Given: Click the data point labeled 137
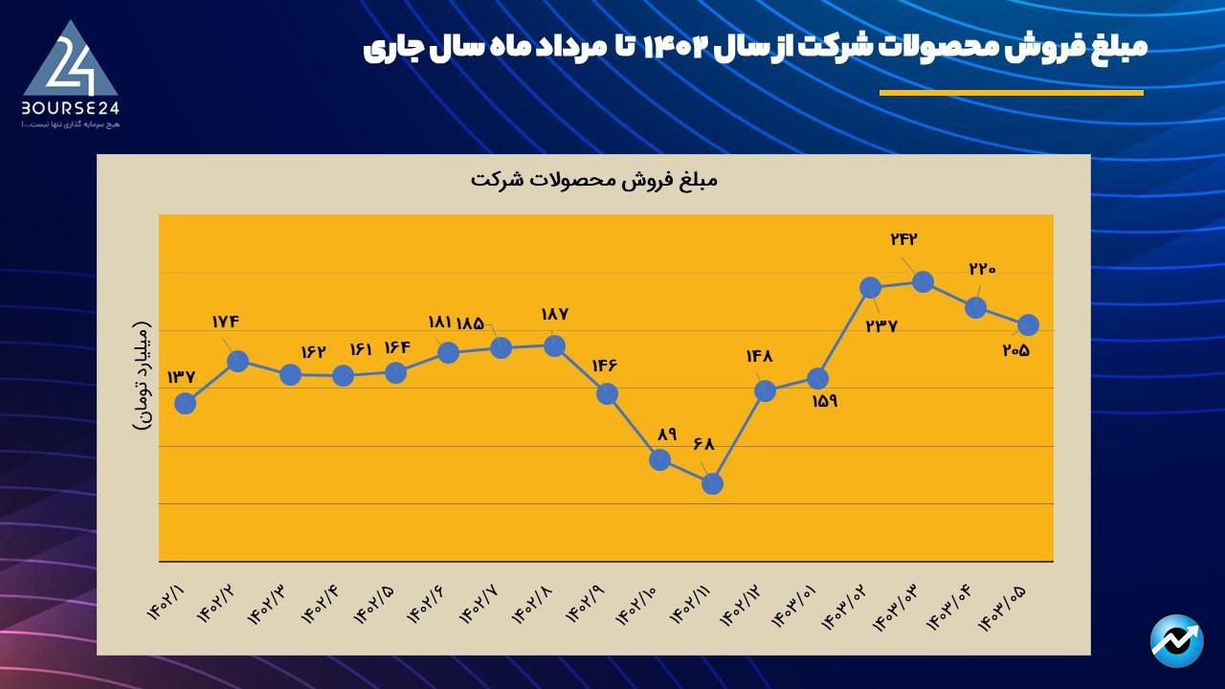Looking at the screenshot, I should pos(186,403).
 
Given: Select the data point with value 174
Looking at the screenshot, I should pos(238,361).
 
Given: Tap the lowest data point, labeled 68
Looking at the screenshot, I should pos(712,484).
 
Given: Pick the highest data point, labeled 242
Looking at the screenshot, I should pos(923,281).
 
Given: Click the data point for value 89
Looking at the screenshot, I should pos(659,459).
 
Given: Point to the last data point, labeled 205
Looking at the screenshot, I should pos(1029,324).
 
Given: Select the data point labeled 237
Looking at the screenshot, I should pos(870,287).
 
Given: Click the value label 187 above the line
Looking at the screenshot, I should pos(555,314).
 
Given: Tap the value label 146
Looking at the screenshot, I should pos(607,365).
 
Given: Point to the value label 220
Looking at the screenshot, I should pos(982,269).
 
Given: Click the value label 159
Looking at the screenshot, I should pos(824,401).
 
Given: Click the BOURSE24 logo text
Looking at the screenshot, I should pos(70,108).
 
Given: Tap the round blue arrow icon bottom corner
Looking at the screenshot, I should pos(1176,641).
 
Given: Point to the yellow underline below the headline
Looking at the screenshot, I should pos(1011,93).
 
